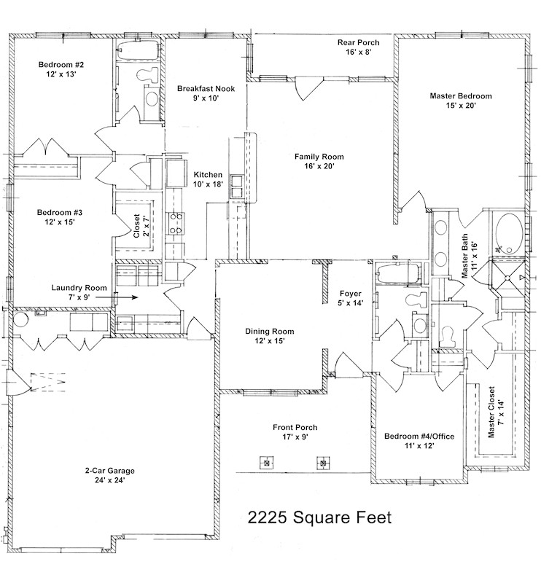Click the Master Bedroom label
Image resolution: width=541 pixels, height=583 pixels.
click(x=460, y=101)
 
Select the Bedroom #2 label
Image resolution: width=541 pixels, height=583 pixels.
click(x=58, y=69)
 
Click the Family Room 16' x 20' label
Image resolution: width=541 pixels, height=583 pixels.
click(x=319, y=161)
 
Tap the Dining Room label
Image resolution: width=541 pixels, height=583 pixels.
click(x=269, y=335)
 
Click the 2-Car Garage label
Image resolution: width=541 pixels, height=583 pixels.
click(x=109, y=475)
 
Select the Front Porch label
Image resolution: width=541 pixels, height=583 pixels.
click(x=295, y=432)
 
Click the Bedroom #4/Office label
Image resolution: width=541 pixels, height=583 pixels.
click(x=419, y=441)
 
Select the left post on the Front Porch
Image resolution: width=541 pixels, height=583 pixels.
click(x=267, y=462)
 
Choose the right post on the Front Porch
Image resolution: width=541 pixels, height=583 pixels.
click(x=322, y=462)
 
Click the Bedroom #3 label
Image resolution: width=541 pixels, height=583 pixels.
click(x=60, y=218)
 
